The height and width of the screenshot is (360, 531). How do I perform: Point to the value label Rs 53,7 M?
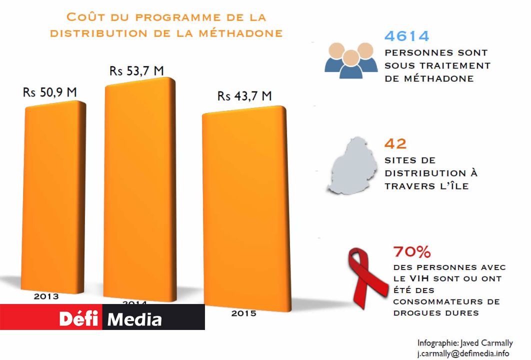136,71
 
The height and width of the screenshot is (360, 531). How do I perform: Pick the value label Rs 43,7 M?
244,96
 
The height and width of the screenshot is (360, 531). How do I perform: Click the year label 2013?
46,296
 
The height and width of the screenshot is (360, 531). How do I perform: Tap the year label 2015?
243,313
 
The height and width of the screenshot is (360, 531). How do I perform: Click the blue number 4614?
406,36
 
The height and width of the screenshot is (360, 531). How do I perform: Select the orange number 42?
395,143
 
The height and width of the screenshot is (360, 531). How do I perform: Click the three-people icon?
351,60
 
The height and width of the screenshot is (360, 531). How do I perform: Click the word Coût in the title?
85,17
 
